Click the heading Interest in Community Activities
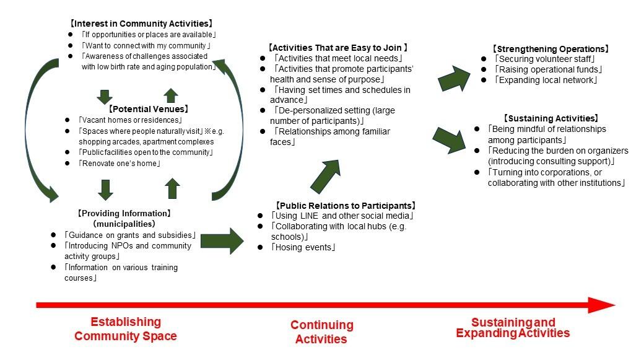point(141,24)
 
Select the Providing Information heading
point(124,213)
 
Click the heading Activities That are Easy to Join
point(337,47)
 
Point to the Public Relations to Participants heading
point(345,206)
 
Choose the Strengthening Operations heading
point(550,49)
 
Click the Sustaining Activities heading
point(550,118)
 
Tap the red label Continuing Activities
point(322,331)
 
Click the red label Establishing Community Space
point(126,329)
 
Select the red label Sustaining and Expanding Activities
point(513,328)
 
